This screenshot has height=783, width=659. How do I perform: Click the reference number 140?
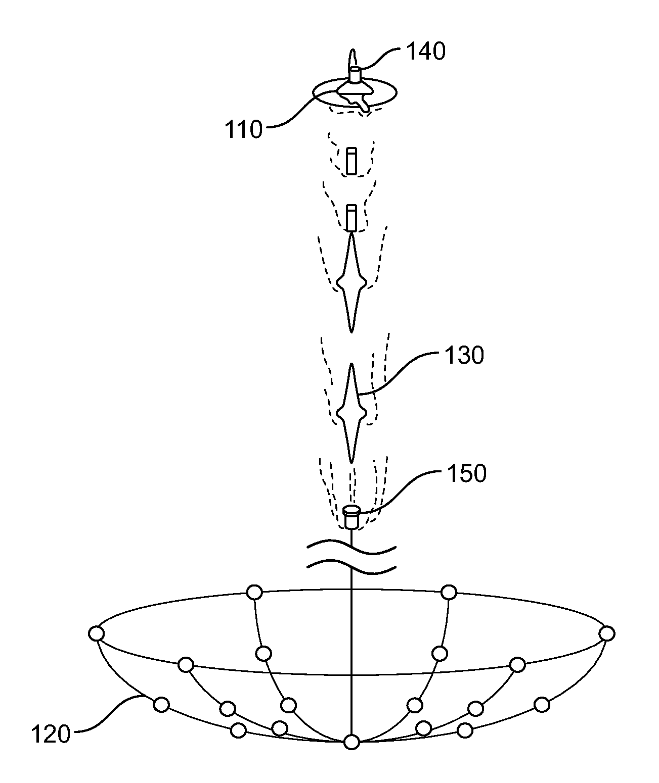point(426,52)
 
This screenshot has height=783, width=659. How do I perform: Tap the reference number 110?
point(244,130)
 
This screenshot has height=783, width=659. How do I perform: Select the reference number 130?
point(464,356)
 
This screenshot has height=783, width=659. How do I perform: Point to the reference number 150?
point(466,474)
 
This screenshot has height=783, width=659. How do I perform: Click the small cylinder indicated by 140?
point(355,74)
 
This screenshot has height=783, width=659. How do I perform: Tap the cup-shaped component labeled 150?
point(351,516)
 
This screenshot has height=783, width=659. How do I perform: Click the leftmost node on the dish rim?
point(96,633)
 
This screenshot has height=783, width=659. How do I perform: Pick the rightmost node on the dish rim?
point(607,633)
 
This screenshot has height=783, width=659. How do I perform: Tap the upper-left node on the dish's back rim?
point(254,591)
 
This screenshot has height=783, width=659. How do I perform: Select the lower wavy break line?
point(351,567)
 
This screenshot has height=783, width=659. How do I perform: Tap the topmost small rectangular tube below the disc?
point(351,161)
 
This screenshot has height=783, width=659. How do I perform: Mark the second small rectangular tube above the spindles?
point(351,217)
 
